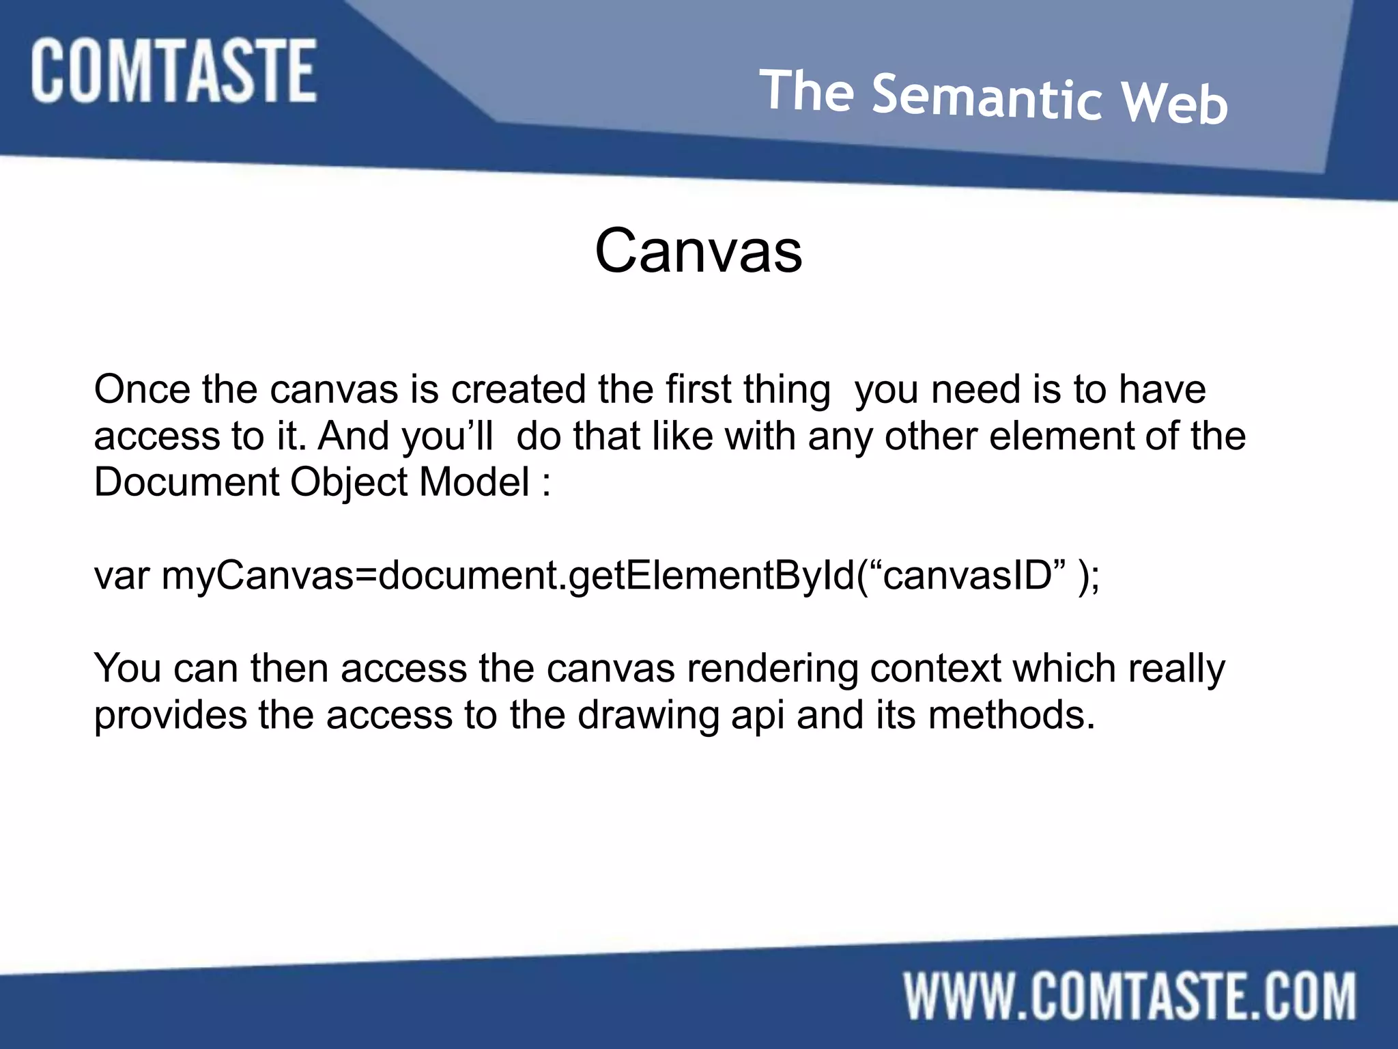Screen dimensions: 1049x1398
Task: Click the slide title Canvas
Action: pos(698,251)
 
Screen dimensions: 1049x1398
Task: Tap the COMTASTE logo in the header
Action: pos(173,71)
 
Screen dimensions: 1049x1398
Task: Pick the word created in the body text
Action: pos(518,390)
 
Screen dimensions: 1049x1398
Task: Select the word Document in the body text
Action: pos(186,482)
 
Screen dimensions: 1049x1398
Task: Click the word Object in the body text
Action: pos(349,484)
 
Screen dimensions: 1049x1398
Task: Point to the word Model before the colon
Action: pos(474,482)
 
